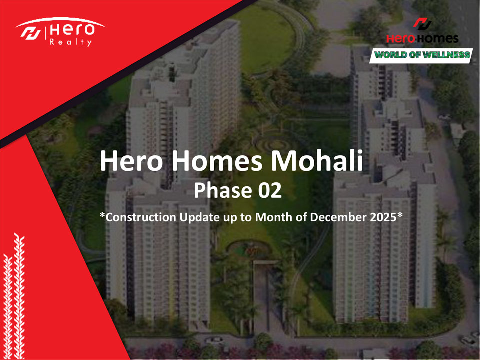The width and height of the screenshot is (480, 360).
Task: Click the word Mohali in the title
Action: click(317, 161)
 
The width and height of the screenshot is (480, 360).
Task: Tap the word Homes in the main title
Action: click(217, 161)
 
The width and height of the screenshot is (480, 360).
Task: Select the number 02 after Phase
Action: click(269, 190)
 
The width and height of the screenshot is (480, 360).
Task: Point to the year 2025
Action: click(383, 217)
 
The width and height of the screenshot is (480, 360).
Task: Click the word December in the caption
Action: click(338, 217)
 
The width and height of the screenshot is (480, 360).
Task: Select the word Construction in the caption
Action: click(141, 217)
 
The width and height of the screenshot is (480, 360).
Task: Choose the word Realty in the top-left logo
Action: click(71, 42)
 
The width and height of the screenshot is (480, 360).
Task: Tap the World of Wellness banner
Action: click(421, 55)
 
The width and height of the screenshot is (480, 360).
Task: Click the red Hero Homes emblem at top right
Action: click(422, 24)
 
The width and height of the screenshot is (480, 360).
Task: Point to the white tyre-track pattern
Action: click(14, 296)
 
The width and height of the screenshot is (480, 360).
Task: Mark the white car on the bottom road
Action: click(214, 340)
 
